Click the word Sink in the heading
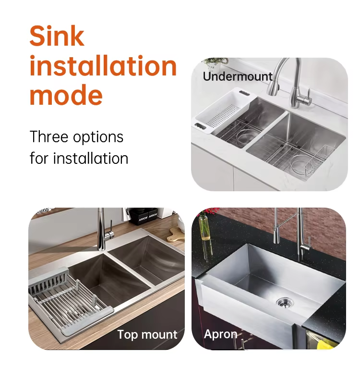click(57, 36)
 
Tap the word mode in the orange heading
click(66, 95)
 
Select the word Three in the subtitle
click(49, 136)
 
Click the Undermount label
click(238, 76)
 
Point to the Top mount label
click(147, 334)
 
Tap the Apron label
click(220, 334)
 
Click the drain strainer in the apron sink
click(285, 303)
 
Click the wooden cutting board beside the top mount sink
click(176, 234)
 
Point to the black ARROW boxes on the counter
click(144, 216)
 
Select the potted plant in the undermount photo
click(215, 64)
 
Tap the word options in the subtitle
click(98, 137)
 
